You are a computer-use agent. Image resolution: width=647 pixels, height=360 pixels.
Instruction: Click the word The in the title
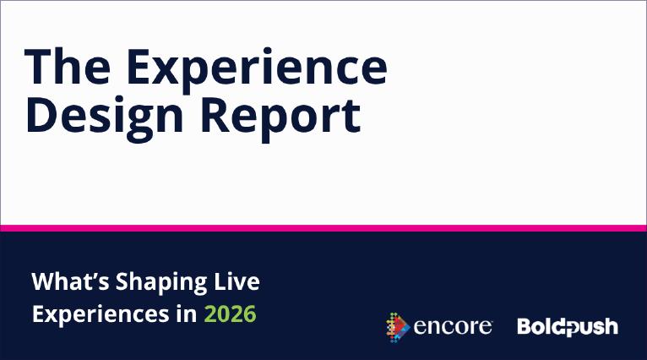tap(68, 67)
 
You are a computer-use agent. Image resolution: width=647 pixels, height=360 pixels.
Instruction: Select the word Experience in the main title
tap(257, 71)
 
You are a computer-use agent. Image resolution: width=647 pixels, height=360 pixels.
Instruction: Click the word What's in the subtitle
tap(70, 281)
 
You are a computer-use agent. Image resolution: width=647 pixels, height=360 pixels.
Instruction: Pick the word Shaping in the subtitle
tap(161, 283)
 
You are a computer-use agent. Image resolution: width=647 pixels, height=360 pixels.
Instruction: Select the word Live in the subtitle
tap(237, 281)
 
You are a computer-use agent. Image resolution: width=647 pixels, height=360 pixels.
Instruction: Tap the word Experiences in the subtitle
tap(101, 315)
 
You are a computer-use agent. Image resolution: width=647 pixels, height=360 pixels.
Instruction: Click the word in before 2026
tap(187, 314)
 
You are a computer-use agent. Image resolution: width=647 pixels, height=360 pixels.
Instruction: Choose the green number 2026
tap(231, 314)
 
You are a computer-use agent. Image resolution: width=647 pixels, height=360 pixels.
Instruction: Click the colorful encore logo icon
tap(398, 327)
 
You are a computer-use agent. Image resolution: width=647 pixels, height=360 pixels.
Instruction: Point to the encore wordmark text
tap(453, 327)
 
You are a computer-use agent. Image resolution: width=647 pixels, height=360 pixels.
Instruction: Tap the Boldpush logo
tap(568, 327)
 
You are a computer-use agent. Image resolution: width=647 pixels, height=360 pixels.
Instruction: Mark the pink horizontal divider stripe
tap(323, 228)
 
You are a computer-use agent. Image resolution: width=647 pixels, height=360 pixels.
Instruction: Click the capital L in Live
tap(220, 281)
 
